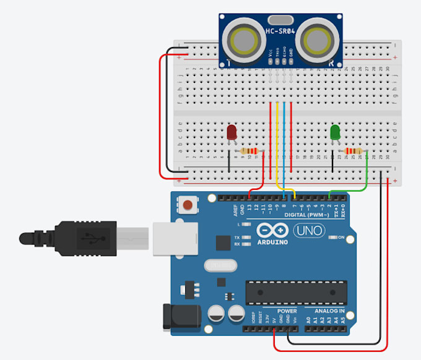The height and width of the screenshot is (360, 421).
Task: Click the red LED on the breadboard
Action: point(232,132)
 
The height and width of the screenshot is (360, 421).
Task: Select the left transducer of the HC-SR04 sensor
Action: point(245,41)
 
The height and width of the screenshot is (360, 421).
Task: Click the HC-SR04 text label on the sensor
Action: point(281,31)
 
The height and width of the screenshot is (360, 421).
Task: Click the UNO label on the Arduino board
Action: point(308,231)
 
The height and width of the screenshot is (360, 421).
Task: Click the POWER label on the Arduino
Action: point(286,311)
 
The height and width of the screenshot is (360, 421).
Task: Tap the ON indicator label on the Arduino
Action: point(341,237)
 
